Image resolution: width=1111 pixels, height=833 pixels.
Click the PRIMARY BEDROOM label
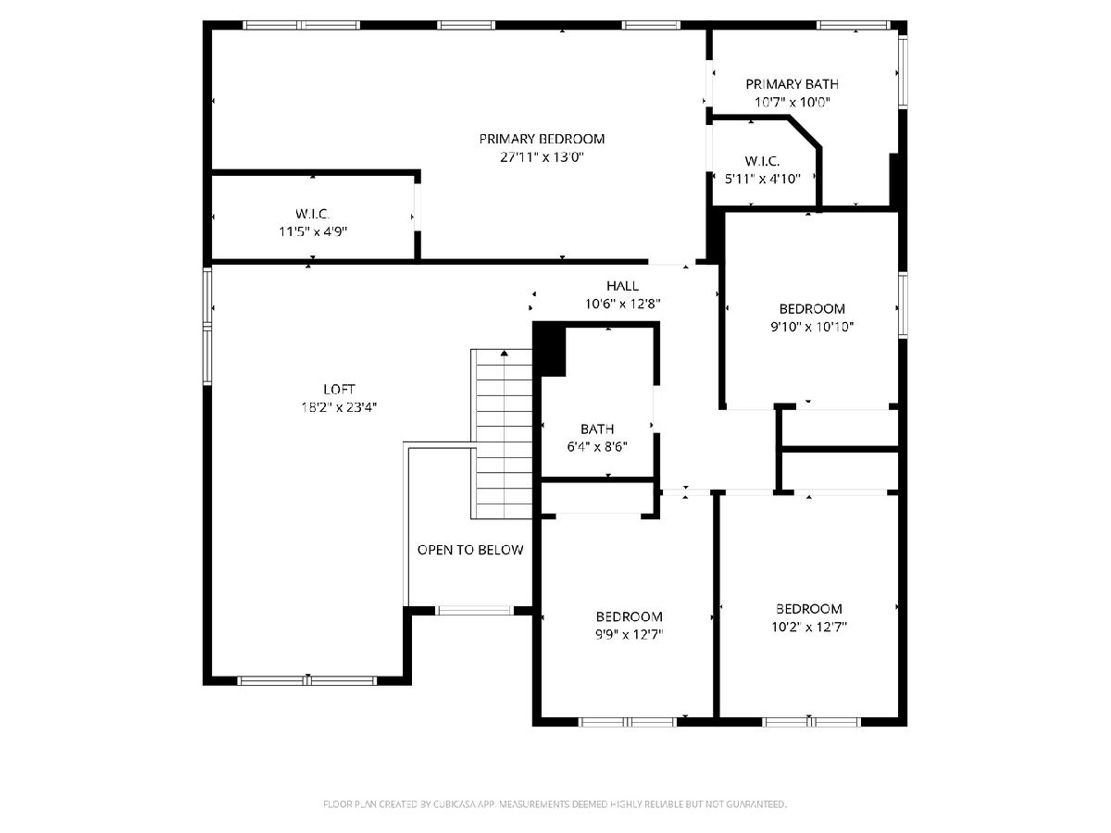tap(542, 139)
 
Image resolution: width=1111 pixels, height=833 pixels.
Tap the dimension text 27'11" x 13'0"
tap(542, 156)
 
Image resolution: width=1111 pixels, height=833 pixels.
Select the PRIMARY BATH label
tap(793, 84)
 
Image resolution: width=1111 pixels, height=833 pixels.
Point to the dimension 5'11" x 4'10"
tap(762, 179)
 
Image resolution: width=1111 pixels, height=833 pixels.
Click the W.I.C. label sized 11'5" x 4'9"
tap(313, 214)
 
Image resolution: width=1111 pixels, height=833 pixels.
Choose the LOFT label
tap(339, 389)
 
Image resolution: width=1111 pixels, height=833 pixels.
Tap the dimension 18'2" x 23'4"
tap(339, 407)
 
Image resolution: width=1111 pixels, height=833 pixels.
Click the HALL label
tap(622, 286)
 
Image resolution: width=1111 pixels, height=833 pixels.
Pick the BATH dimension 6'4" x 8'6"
tap(597, 447)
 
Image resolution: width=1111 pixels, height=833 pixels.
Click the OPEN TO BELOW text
tap(470, 550)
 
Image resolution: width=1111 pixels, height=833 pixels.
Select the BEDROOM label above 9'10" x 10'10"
tap(812, 308)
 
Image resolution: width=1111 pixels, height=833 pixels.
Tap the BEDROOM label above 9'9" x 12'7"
tap(630, 616)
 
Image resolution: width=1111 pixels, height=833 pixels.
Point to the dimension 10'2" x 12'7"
tap(809, 628)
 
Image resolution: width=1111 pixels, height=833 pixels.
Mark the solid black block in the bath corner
tap(549, 350)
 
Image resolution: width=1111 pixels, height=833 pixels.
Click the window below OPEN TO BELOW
tap(475, 611)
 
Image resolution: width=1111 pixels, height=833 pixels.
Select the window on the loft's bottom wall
tap(307, 681)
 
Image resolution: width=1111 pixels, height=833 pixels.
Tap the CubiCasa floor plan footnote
tap(555, 803)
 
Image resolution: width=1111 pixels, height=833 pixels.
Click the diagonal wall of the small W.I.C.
tap(805, 132)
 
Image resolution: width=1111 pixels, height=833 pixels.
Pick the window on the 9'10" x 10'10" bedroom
tap(903, 305)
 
